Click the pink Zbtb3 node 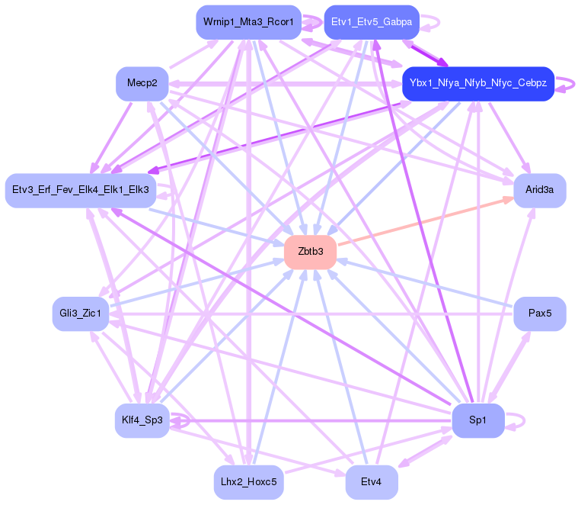tap(310, 252)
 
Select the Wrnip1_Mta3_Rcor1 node tap(248, 22)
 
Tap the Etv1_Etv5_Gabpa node tap(372, 22)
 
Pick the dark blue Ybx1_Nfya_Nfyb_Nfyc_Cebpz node tap(477, 83)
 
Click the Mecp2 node tap(142, 83)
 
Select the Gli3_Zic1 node tap(81, 314)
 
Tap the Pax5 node tap(539, 314)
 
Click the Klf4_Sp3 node tap(142, 420)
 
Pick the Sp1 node tap(477, 420)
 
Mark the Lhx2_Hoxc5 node tap(248, 482)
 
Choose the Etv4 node tap(372, 482)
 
